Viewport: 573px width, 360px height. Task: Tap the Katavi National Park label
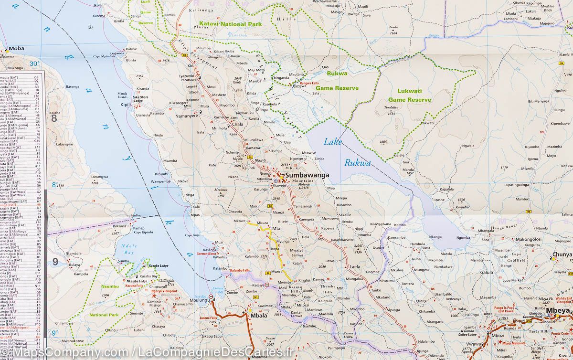point(229,24)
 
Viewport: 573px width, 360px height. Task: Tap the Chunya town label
point(562,254)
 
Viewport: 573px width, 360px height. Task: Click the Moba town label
point(16,49)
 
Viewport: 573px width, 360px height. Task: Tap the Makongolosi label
point(528,240)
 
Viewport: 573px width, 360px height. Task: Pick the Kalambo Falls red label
point(240,271)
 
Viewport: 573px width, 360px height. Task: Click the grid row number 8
point(54,118)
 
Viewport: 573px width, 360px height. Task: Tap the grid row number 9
point(55,261)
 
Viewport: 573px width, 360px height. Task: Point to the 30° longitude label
point(34,64)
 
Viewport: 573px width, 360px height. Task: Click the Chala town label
point(237,124)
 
